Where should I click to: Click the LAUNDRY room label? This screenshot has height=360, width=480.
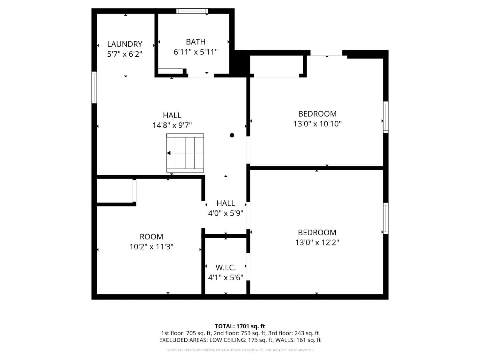[124, 44]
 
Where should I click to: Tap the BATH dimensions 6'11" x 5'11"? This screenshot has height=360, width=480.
[196, 52]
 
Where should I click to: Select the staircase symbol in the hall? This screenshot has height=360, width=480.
[185, 153]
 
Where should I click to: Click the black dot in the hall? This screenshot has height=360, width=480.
[232, 135]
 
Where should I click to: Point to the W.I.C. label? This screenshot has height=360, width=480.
[226, 268]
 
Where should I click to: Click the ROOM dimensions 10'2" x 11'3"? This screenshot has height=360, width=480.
[151, 247]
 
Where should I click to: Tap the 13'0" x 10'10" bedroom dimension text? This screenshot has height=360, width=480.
[317, 124]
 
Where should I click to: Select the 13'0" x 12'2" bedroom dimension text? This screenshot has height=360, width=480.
[317, 243]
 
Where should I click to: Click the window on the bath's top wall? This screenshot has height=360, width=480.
[192, 11]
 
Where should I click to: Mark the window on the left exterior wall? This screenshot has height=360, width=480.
[94, 87]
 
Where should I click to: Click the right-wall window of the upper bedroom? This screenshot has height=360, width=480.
[386, 117]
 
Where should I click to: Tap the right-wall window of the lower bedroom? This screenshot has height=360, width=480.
[386, 218]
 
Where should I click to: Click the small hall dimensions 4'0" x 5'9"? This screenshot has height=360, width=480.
[226, 213]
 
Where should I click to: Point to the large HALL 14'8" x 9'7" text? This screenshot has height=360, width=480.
[172, 120]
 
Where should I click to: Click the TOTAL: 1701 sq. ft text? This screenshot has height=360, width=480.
[240, 326]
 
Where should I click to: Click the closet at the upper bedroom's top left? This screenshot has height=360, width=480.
[276, 66]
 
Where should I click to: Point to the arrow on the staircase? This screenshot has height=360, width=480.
[169, 153]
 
